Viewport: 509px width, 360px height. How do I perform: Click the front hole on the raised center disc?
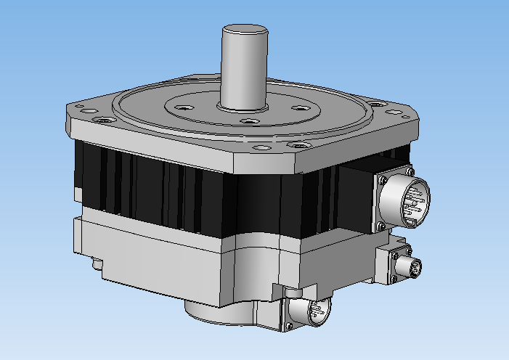pyautogui.click(x=248, y=121)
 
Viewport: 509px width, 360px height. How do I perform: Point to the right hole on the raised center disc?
pyautogui.click(x=298, y=108)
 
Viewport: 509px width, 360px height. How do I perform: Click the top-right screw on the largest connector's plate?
pyautogui.click(x=410, y=171)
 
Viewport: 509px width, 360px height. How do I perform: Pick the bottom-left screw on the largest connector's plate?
pyautogui.click(x=381, y=226)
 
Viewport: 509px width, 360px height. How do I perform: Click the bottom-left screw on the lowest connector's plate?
pyautogui.click(x=289, y=326)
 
